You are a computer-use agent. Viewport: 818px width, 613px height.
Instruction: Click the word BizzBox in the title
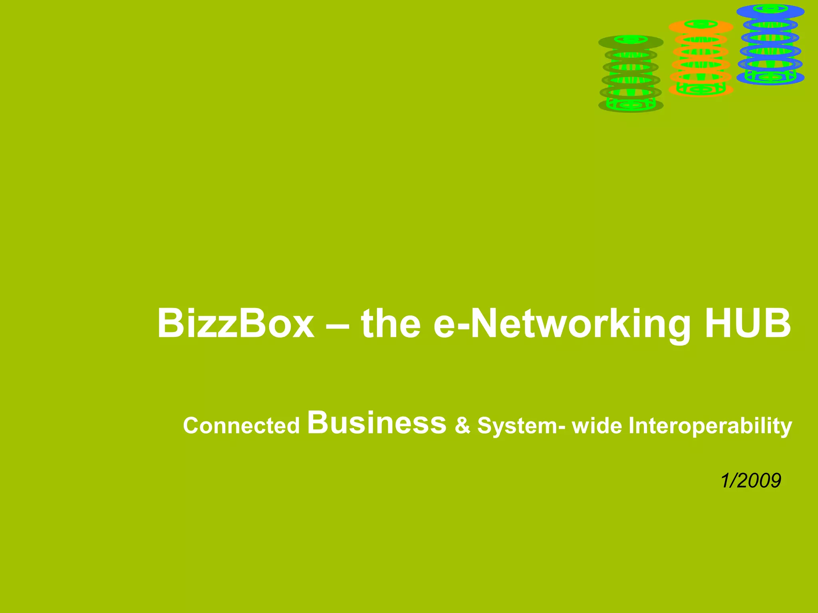pos(236,323)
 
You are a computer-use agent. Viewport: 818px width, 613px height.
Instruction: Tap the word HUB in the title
pos(747,323)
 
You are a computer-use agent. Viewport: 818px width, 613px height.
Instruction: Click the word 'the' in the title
pos(391,323)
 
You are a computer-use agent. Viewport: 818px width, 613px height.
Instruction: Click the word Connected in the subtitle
pos(241,425)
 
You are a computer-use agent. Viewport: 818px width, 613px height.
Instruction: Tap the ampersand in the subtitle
pos(463,425)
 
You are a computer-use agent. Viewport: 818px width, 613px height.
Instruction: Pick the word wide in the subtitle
pos(597,425)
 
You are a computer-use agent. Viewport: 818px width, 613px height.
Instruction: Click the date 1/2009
pos(750,481)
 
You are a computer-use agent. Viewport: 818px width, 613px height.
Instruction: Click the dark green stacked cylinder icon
pos(631,74)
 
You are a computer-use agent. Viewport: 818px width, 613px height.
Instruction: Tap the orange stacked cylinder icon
pos(701,58)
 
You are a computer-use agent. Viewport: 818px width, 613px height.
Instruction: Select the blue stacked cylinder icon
pos(770,45)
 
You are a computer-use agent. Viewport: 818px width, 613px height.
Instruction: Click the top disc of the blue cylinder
pos(770,11)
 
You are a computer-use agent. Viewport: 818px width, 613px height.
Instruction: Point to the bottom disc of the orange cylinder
pos(701,89)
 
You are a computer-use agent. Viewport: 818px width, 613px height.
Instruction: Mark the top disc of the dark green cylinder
pos(631,42)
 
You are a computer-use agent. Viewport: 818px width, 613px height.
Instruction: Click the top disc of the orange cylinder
pos(701,26)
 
